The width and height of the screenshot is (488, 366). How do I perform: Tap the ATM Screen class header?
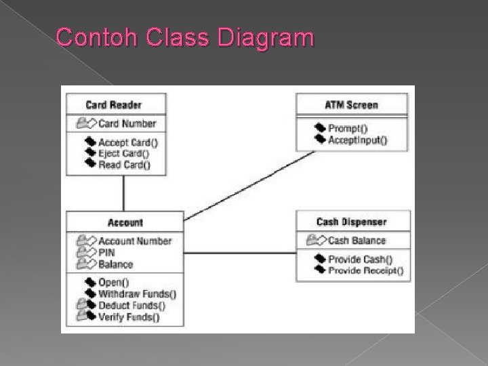(352, 105)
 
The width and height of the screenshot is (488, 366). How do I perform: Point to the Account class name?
(125, 222)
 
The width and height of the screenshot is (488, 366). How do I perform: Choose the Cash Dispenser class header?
(351, 222)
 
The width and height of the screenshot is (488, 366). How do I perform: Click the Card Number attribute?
(127, 123)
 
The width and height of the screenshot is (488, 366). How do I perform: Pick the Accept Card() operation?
(128, 142)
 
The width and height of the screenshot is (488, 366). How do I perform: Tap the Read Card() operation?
(125, 164)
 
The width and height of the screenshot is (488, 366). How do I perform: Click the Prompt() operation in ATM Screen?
(347, 128)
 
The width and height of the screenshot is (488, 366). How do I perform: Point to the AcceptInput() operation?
(357, 140)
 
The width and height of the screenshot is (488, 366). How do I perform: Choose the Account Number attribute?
(135, 241)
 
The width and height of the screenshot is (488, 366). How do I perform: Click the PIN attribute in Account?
(107, 253)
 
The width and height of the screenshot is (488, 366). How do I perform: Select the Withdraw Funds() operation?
(137, 293)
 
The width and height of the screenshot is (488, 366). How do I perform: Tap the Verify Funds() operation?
(129, 317)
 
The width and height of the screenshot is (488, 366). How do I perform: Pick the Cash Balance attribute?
(357, 241)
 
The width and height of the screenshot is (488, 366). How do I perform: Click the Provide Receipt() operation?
(365, 270)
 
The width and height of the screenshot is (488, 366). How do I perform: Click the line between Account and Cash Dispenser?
(240, 253)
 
